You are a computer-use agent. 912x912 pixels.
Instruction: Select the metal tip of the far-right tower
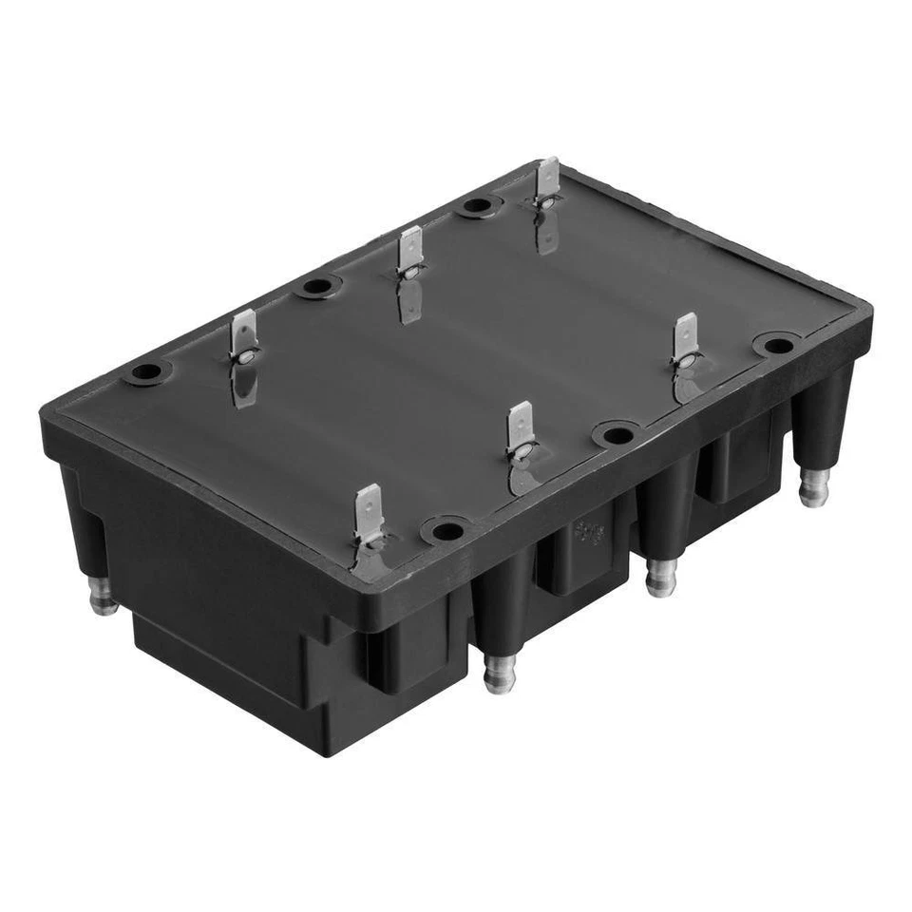(x=813, y=489)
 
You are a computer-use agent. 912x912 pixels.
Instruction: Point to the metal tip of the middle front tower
(x=660, y=578)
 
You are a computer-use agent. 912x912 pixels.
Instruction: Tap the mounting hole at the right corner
(x=778, y=345)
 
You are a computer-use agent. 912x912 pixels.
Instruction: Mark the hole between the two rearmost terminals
(x=477, y=205)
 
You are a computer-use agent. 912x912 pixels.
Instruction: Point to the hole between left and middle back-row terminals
(x=317, y=286)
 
